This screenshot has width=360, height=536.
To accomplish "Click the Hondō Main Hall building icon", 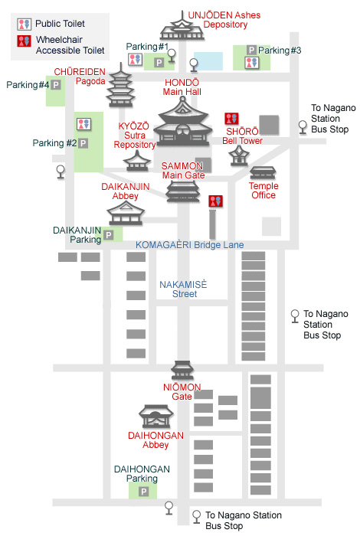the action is (183, 123).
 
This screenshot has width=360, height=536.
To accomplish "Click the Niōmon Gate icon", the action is (182, 371).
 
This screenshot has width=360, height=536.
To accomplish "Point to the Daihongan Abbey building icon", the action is (156, 417).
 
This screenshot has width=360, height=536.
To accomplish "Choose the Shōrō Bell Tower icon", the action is (239, 156).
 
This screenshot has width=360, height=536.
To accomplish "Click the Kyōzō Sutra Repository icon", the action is (137, 161).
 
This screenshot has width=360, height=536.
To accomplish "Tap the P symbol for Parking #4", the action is (56, 85).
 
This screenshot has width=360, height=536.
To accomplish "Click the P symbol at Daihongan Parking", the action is (143, 492).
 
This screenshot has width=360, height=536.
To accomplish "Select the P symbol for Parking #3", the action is (252, 51).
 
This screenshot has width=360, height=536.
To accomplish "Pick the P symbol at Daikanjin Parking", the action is (109, 235).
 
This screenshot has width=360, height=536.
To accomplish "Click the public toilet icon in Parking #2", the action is (83, 124).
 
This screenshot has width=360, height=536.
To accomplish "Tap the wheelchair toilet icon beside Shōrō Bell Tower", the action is (231, 119).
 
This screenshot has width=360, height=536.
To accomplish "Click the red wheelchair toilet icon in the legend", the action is (25, 41).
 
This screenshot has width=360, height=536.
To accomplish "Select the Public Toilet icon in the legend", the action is (25, 24).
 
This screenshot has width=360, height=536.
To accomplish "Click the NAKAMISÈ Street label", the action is (183, 289).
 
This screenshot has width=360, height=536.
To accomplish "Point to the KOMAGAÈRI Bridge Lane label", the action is (190, 245).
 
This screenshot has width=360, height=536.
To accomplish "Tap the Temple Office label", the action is (263, 191).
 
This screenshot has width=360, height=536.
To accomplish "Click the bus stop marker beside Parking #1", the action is (172, 56).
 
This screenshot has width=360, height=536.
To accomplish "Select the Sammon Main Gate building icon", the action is (183, 191).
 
